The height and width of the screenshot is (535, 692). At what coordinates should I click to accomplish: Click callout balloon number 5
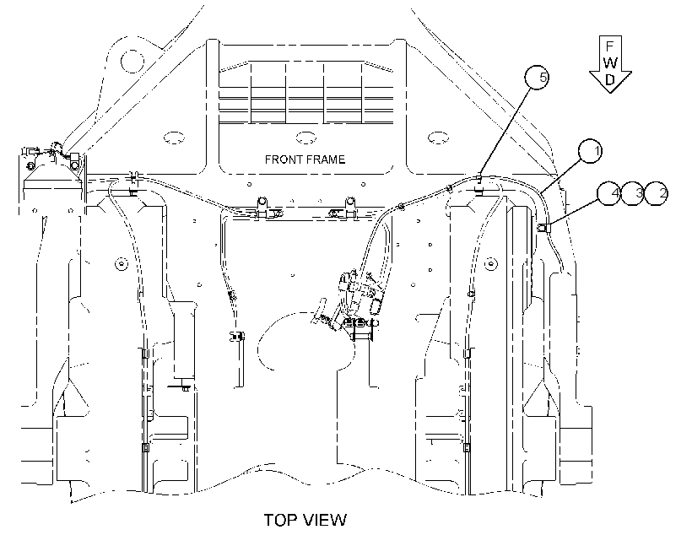pos(537,78)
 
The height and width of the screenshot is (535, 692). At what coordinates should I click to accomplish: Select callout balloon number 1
pos(591,151)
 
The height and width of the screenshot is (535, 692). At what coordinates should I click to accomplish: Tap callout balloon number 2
pos(657,193)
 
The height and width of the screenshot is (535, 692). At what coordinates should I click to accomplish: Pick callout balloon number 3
pos(632,193)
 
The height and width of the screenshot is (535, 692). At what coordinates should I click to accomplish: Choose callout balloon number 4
pos(608,193)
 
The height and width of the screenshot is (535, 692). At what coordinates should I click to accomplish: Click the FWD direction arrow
pos(610,64)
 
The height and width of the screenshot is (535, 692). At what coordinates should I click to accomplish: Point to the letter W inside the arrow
pos(610,62)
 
